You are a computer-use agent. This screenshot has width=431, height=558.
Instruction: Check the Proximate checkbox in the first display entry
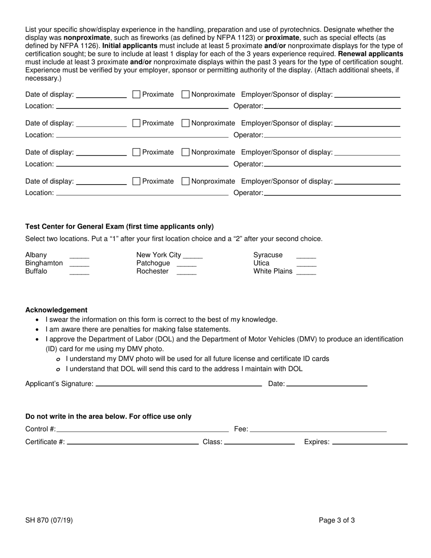coord(136,94)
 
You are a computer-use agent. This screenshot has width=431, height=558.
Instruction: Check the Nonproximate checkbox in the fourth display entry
coord(185,181)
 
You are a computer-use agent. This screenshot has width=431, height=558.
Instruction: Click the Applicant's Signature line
coord(179,385)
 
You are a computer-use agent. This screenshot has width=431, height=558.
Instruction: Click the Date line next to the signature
coord(327,385)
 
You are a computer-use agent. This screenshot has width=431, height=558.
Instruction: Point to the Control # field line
coord(142,430)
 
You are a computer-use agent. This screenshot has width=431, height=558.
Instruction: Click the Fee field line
coord(318,430)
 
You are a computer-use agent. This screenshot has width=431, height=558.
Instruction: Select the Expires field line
coord(370,443)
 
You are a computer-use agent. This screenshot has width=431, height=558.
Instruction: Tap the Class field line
coord(260,443)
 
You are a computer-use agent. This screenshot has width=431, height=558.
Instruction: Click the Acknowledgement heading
coord(56,310)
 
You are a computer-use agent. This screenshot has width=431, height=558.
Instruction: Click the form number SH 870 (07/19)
coord(49,520)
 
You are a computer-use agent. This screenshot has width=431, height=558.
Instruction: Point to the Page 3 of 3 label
coord(337,520)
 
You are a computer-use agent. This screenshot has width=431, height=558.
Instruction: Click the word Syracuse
coord(268,255)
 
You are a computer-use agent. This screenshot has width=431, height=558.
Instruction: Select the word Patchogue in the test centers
coord(153,263)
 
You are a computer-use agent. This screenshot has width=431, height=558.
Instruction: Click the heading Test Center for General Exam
coord(119,226)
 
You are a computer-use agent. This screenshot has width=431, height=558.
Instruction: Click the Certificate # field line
coord(132,443)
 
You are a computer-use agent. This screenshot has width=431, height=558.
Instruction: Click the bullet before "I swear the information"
coord(37,320)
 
